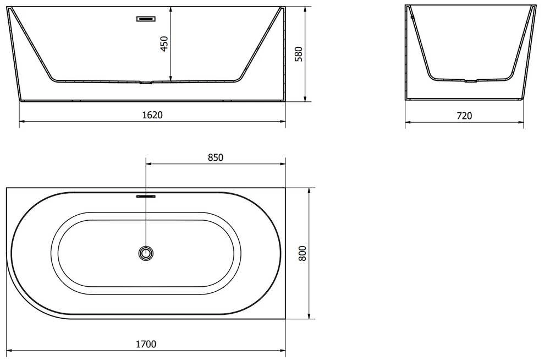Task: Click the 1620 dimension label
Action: coord(152,115)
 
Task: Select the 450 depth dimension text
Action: coord(164,43)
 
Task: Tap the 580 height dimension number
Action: coord(298,54)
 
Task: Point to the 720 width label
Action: coord(464,116)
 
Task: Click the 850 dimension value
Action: coord(216,157)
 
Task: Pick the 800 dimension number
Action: coord(302,253)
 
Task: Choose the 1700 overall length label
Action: coord(146,344)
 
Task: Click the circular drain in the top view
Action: coord(146,253)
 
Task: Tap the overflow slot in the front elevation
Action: coord(146,19)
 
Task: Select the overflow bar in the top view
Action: coord(146,197)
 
